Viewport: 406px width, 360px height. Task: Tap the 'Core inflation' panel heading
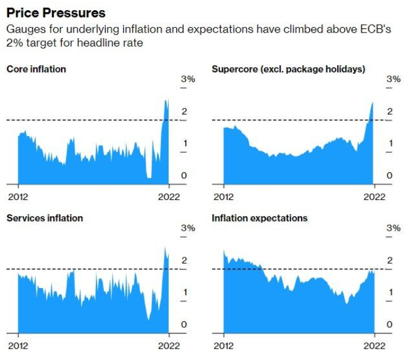pos(36,69)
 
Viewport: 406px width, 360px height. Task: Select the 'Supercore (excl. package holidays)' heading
pos(288,69)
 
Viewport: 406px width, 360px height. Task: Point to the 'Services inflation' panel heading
pos(45,218)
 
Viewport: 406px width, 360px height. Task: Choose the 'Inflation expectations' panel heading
pos(259,218)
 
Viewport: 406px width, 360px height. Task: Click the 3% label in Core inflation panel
pos(188,79)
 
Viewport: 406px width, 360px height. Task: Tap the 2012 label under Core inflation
pos(18,196)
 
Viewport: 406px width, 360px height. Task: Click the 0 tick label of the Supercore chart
pos(390,176)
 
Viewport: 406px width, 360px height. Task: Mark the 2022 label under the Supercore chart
pos(374,196)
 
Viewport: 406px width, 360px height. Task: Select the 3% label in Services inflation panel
pos(188,228)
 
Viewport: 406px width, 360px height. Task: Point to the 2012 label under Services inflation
pos(18,346)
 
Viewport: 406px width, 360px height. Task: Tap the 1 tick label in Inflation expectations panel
pos(390,292)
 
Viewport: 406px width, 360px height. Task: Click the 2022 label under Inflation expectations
pos(374,346)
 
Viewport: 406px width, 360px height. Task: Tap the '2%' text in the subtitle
pos(14,43)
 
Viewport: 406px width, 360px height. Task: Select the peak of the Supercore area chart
pos(372,103)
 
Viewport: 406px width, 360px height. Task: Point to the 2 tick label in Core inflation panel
pos(185,112)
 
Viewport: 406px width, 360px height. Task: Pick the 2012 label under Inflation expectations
pos(223,346)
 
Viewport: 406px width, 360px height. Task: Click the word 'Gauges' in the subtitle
pos(23,29)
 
